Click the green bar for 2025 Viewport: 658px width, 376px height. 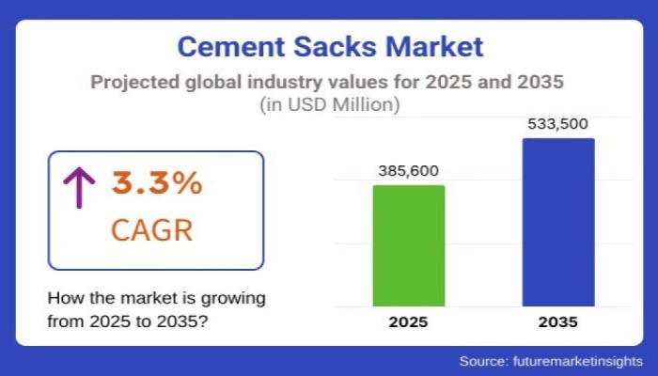coord(409,245)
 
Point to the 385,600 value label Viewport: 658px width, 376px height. coord(408,171)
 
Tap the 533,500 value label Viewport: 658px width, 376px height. coord(558,124)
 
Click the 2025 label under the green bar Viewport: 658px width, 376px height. coord(408,322)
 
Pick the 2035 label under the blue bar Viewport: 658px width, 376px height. coord(558,322)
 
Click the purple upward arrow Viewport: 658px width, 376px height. coord(79,187)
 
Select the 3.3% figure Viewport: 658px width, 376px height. coord(157,183)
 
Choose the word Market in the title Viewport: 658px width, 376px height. coord(441,46)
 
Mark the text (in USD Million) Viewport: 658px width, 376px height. coord(329,105)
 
